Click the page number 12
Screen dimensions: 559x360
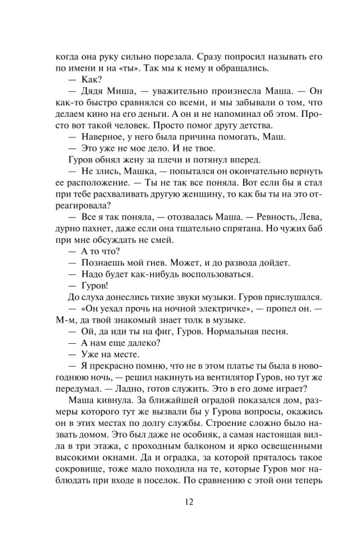(x=179, y=500)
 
